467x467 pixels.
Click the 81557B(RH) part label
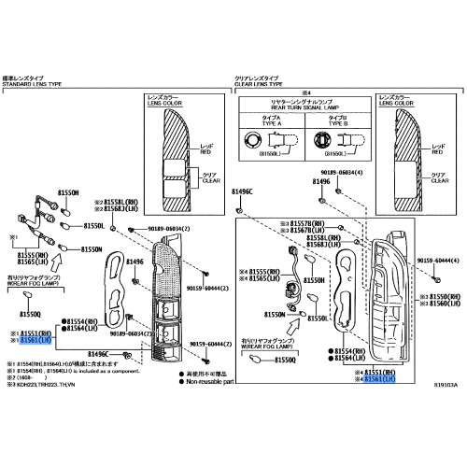point(304,223)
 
